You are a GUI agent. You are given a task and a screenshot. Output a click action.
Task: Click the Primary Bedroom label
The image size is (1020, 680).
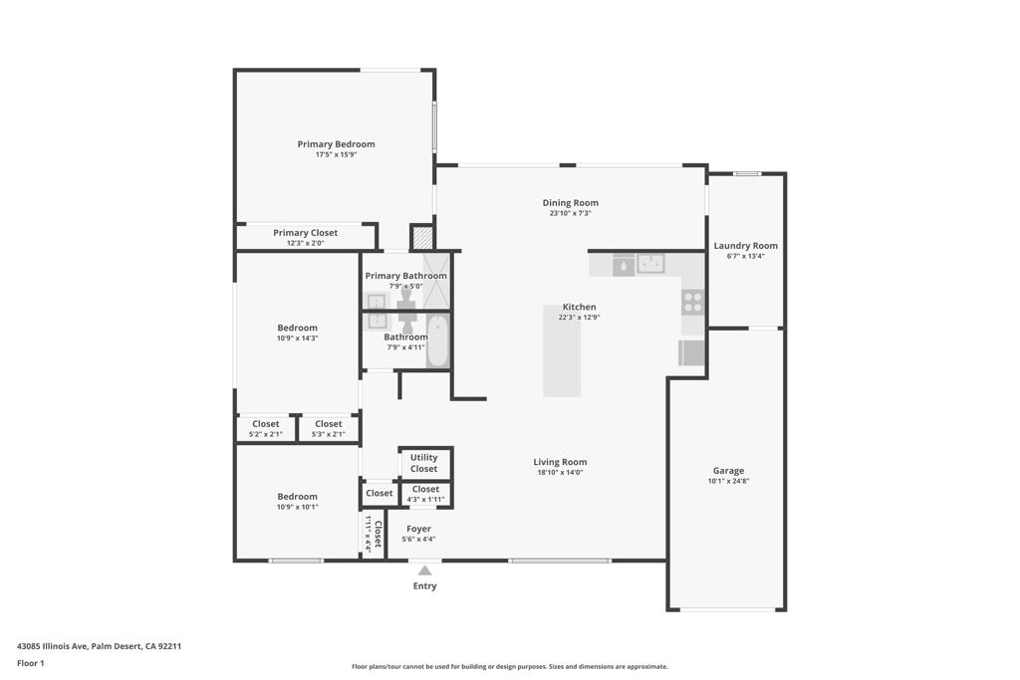336,144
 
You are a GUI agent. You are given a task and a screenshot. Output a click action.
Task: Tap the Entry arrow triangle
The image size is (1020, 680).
424,570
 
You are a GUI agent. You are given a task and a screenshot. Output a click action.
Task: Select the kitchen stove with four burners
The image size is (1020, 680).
692,303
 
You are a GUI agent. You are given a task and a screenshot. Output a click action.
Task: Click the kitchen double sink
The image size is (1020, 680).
650,264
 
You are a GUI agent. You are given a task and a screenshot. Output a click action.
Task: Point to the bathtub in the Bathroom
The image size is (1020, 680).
437,341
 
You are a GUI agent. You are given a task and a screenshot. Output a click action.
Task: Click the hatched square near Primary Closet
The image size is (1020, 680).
422,238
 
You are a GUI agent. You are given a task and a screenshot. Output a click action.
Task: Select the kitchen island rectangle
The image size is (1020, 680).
562,350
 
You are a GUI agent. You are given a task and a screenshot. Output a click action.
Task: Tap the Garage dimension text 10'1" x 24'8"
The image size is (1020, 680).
728,481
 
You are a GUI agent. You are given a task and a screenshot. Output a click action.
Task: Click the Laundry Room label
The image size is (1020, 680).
745,246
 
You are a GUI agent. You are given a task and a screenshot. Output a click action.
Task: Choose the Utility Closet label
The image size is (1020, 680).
423,463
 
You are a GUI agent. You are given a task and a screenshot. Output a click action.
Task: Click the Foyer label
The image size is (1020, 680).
418,529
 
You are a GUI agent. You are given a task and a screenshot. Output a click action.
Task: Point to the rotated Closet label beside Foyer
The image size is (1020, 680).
378,535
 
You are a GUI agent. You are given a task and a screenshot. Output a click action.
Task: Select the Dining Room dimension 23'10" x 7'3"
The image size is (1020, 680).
571,213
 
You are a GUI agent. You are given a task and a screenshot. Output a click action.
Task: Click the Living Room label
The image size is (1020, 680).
560,462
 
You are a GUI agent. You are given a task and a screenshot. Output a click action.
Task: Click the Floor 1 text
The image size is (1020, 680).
31,663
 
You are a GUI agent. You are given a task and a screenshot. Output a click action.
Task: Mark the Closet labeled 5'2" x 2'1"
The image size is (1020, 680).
266,428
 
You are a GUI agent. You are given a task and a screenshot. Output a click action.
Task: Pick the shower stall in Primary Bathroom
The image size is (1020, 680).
436,281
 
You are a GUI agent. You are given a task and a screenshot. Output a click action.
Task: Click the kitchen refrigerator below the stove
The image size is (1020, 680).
691,352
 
